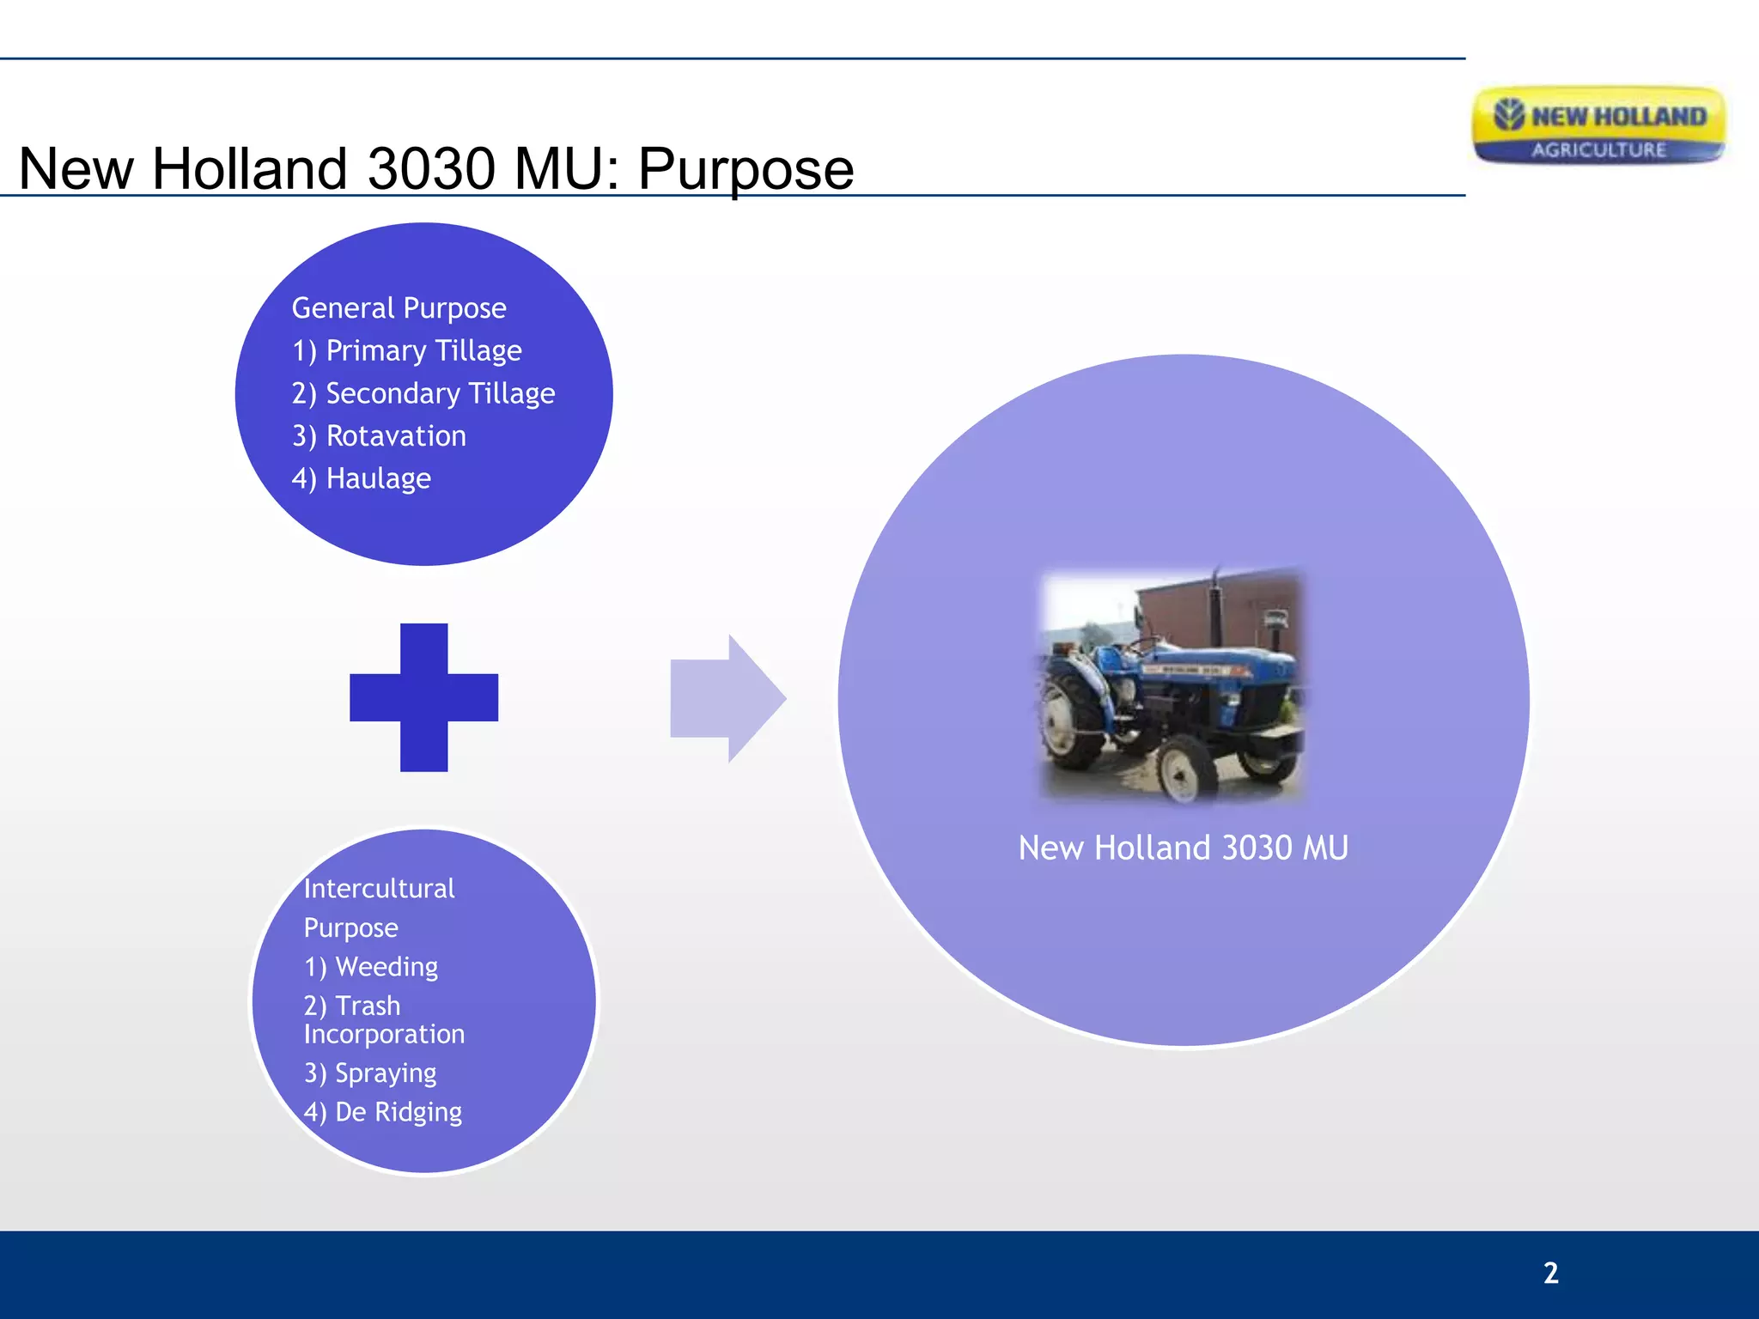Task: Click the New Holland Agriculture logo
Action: coord(1598,126)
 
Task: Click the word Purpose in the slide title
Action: coord(745,169)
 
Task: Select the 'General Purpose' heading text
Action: coord(399,307)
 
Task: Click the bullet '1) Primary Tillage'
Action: coord(406,350)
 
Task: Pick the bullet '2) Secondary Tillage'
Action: coord(423,393)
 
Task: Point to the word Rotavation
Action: coord(396,436)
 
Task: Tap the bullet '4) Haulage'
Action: coord(361,478)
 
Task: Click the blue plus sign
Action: coord(423,697)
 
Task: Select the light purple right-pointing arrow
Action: coord(727,698)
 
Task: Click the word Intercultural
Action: coord(379,888)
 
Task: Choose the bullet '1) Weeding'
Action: coord(370,967)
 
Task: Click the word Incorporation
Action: coord(384,1034)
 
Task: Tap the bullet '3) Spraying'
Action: coord(369,1073)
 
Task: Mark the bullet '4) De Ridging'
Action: coord(382,1112)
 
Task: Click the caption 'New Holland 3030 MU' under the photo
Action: coord(1183,848)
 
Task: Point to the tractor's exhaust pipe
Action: coord(1215,605)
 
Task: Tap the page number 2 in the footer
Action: coord(1550,1273)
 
